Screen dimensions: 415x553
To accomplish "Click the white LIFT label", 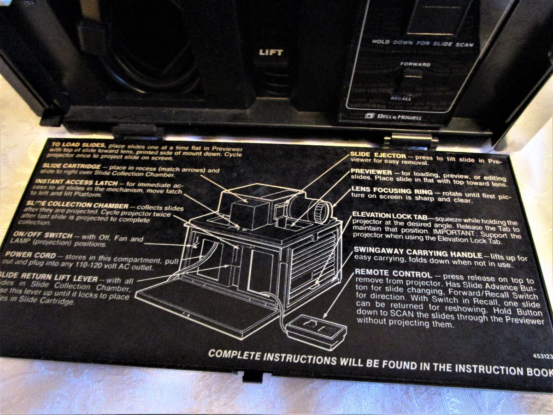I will [x=271, y=53].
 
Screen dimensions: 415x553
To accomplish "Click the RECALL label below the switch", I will [x=401, y=99].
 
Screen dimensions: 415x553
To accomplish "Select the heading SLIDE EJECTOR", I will [x=378, y=156].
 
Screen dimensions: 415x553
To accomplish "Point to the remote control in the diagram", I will [x=317, y=329].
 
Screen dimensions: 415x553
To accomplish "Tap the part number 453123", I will [x=541, y=356].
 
